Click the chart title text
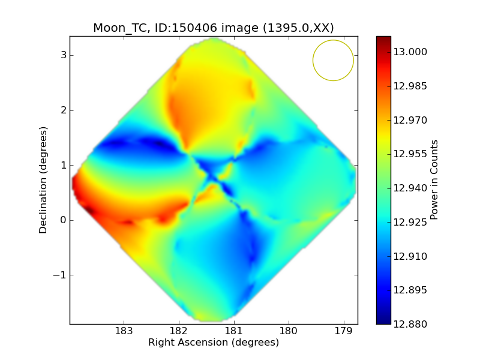pos(213,28)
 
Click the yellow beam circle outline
pos(313,60)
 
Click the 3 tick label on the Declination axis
pos(62,56)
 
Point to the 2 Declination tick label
pos(62,110)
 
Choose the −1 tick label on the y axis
pos(60,275)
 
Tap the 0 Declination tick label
pos(62,220)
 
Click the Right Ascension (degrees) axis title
pos(214,343)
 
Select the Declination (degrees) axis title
pos(43,180)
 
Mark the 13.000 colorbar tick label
pos(410,52)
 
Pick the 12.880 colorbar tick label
pos(410,325)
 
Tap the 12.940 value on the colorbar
pos(410,188)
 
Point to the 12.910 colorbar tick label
pos(410,256)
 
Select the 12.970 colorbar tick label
pos(410,120)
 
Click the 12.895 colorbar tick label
pos(410,290)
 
